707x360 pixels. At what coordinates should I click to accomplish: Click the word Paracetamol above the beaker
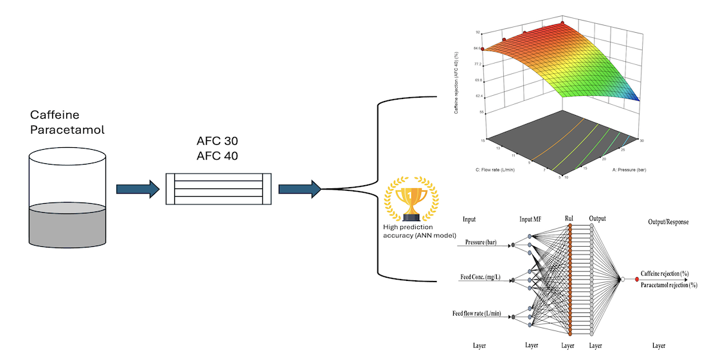(x=67, y=130)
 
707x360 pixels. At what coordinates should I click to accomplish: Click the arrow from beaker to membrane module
(x=137, y=189)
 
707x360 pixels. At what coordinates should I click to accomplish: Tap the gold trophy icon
(x=405, y=201)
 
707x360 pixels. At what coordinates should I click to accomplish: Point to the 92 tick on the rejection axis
(x=478, y=32)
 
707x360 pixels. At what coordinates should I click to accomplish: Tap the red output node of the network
(x=637, y=279)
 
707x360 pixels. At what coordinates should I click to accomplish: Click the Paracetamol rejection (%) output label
(x=668, y=285)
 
